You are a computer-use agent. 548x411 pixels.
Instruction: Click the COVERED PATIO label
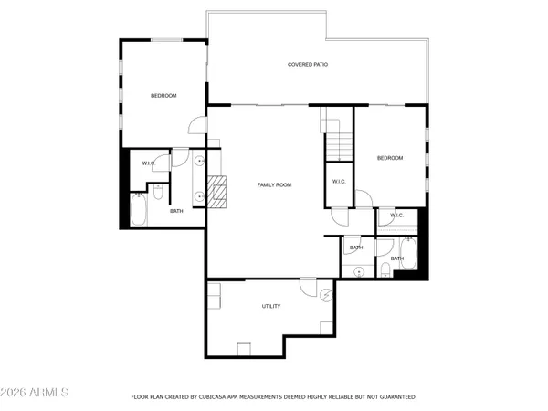pyautogui.click(x=308, y=65)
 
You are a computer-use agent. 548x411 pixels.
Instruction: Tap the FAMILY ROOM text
pyautogui.click(x=274, y=185)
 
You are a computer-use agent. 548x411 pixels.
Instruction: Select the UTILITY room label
pyautogui.click(x=271, y=307)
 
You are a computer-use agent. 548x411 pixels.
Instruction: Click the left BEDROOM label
pyautogui.click(x=163, y=96)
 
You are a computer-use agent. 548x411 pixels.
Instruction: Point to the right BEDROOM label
pyautogui.click(x=390, y=158)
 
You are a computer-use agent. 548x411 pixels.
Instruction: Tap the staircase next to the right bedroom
pyautogui.click(x=340, y=143)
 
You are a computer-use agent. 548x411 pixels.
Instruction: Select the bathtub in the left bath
pyautogui.click(x=139, y=212)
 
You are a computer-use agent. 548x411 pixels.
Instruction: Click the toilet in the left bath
pyautogui.click(x=158, y=192)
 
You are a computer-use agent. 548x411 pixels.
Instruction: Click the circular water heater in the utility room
pyautogui.click(x=329, y=294)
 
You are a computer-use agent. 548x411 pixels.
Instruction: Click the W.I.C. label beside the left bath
pyautogui.click(x=148, y=163)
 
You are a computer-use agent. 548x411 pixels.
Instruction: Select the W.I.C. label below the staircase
pyautogui.click(x=338, y=181)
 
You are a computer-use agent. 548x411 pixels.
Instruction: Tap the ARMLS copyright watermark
pyautogui.click(x=36, y=394)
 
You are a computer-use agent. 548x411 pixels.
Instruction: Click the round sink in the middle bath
pyautogui.click(x=359, y=270)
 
